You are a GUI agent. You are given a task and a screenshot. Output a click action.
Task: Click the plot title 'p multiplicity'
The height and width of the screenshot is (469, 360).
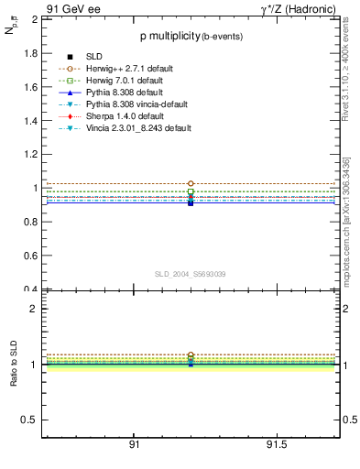[x=169, y=38]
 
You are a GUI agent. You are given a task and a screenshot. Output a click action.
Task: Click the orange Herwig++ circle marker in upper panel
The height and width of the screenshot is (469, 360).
[x=191, y=184]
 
